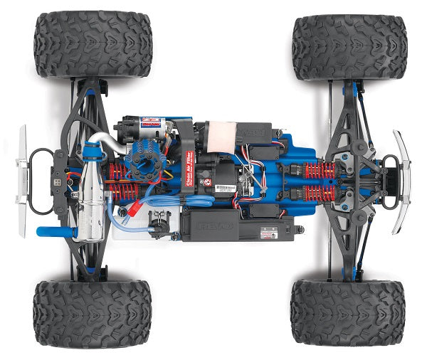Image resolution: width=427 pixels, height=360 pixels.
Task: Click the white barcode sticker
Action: pyautogui.click(x=226, y=189)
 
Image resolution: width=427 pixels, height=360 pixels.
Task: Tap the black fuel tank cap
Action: pyautogui.click(x=91, y=152)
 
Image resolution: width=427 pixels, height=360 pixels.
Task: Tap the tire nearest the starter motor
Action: pyautogui.click(x=93, y=44)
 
